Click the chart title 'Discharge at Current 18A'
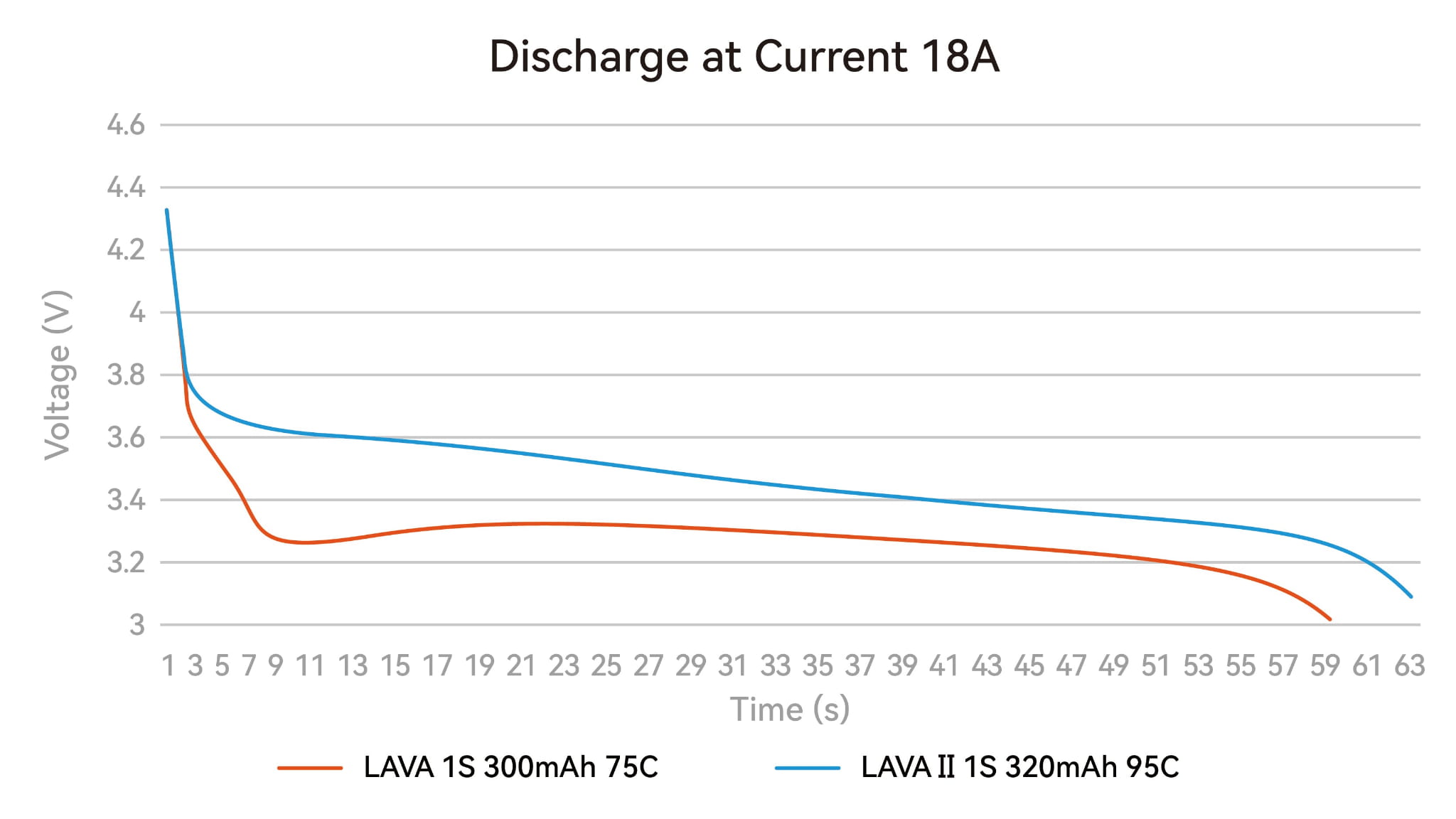(744, 57)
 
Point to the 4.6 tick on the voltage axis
(126, 125)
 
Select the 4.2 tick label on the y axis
(126, 250)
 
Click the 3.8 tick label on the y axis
(126, 375)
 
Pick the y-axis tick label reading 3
(136, 625)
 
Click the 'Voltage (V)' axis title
(57, 375)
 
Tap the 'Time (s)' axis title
(790, 709)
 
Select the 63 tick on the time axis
(1409, 666)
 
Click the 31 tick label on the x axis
(732, 666)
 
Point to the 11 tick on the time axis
(310, 666)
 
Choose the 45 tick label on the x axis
(1029, 666)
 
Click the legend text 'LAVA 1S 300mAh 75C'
(510, 767)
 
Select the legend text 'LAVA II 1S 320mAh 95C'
(1019, 767)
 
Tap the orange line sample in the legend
(310, 768)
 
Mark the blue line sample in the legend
(808, 768)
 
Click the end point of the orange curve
(1329, 619)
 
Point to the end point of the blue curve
(1410, 596)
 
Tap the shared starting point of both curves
(166, 210)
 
